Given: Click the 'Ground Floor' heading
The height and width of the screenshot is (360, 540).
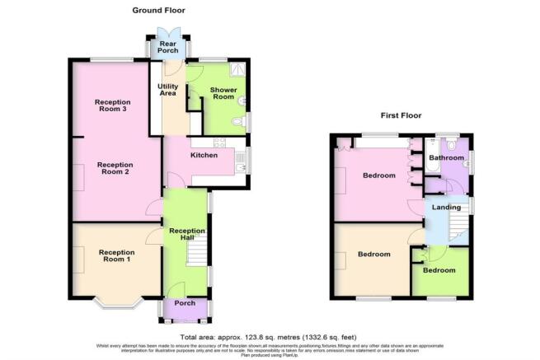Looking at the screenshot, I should [x=158, y=11].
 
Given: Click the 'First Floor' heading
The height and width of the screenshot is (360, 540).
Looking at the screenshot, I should [x=401, y=117].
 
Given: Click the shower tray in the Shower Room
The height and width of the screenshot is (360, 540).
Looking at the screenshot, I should [x=240, y=72].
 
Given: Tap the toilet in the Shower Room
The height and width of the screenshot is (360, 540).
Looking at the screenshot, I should [x=239, y=123].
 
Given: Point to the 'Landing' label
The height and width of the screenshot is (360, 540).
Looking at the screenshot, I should [x=446, y=207].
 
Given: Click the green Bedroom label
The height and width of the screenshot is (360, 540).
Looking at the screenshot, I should [x=439, y=269].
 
